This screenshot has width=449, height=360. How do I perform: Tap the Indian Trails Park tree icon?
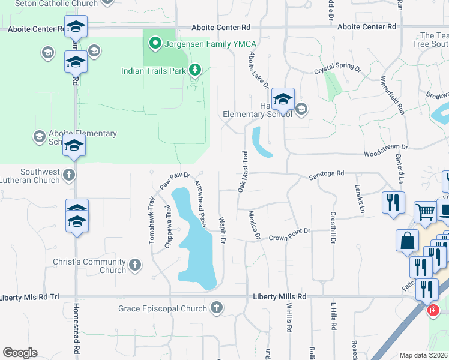[x=195, y=71]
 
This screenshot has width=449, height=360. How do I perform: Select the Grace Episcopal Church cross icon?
[x=217, y=308]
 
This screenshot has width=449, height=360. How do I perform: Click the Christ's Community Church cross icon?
[x=135, y=264]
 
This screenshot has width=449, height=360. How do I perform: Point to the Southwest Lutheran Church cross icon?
[x=69, y=175]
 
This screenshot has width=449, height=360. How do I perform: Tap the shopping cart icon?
[x=425, y=211]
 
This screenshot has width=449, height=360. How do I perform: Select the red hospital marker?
[x=432, y=310]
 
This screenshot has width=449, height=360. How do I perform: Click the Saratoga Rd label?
[x=326, y=173]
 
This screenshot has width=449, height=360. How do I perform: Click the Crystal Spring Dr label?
[x=337, y=70]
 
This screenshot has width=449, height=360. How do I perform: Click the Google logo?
[x=20, y=353]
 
